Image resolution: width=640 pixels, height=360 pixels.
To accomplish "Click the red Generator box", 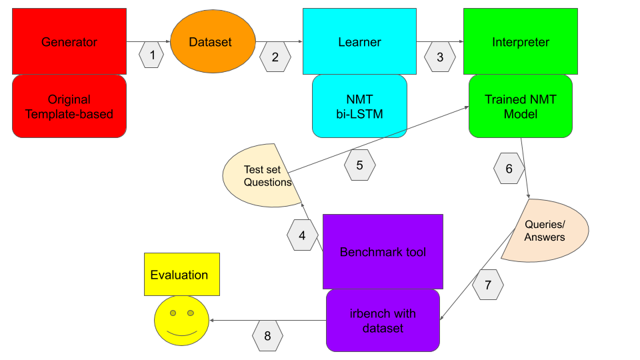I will pyautogui.click(x=69, y=41).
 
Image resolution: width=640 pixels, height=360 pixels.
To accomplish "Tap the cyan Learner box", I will pyautogui.click(x=360, y=41).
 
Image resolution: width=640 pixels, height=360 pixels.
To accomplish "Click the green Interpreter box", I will pyautogui.click(x=521, y=41).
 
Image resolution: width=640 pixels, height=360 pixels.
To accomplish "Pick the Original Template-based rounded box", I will pyautogui.click(x=69, y=106).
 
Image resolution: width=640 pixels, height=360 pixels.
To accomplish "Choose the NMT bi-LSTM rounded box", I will pyautogui.click(x=360, y=106).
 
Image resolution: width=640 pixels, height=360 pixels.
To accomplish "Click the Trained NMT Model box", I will pyautogui.click(x=521, y=106).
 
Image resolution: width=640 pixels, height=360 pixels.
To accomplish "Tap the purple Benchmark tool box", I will pyautogui.click(x=383, y=251).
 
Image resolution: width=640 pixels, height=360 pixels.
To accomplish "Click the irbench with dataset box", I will pyautogui.click(x=383, y=321).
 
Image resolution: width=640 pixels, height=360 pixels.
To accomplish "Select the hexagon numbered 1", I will pyautogui.click(x=152, y=55).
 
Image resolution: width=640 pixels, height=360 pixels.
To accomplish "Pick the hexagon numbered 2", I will pyautogui.click(x=275, y=57).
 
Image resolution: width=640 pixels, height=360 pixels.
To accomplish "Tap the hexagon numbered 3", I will pyautogui.click(x=440, y=57).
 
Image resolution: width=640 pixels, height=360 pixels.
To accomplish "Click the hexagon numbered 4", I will pyautogui.click(x=302, y=235).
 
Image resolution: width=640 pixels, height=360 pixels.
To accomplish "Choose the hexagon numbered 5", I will pyautogui.click(x=360, y=165).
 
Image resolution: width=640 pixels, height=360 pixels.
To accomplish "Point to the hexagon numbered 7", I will pyautogui.click(x=488, y=285).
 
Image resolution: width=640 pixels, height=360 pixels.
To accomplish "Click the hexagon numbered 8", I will pyautogui.click(x=267, y=336).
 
